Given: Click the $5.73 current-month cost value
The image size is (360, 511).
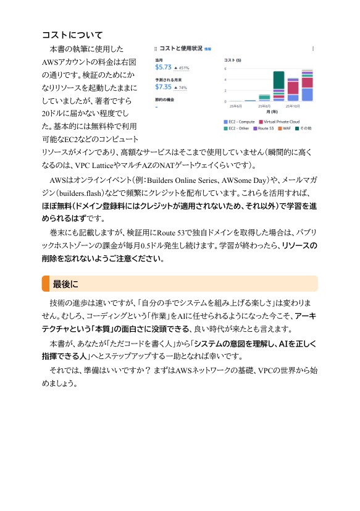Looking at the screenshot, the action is coord(163,67).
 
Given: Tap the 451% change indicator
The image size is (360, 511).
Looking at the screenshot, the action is coord(182,68).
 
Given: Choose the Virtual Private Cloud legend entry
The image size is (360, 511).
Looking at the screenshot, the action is coord(279,122).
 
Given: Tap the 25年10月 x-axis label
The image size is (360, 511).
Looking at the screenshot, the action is coord(293,106).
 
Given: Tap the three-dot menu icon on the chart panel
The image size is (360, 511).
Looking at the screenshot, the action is coord(312,48).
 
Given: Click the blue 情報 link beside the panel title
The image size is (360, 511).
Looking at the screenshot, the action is coord(207,48).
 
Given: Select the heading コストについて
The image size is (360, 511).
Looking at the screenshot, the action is coord(72,35).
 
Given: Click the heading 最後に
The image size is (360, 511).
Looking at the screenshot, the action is coord(65,284).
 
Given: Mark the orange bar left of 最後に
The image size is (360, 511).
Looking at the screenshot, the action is coord(45,284).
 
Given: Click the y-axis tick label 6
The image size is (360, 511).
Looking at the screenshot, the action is coord(226,70).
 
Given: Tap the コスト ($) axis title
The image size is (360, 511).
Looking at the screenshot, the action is coord(232,61).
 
